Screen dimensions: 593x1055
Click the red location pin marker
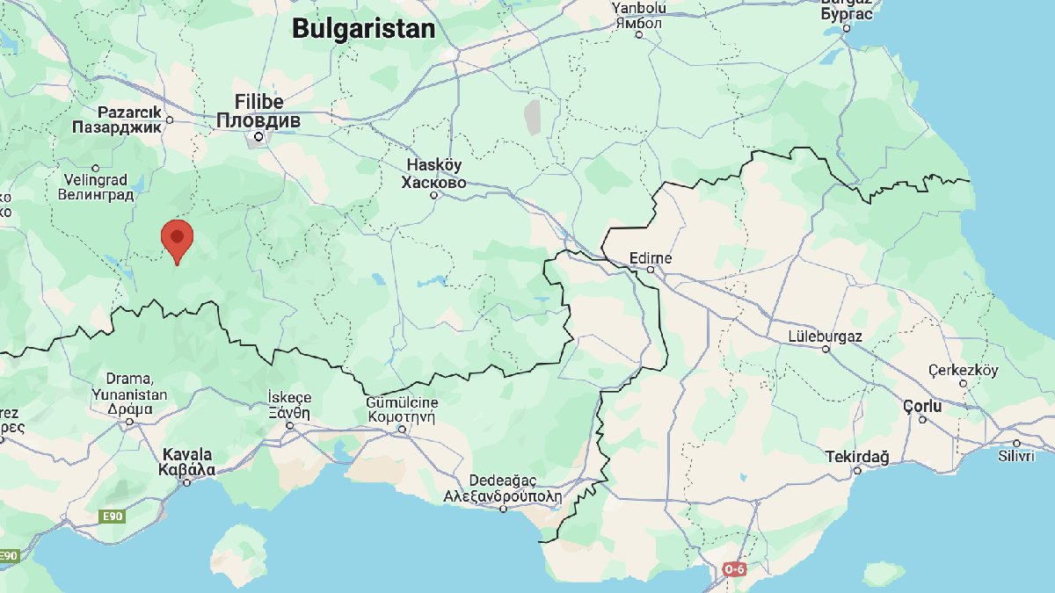point(178,238)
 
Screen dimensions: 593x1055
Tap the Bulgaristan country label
point(363,29)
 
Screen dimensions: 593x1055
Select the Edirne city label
point(651,258)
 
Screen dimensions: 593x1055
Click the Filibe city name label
point(258,101)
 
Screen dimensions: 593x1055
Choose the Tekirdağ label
point(857,457)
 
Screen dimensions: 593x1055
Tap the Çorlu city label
point(922,407)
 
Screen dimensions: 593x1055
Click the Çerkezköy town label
point(964,371)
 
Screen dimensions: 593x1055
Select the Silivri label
point(1017,456)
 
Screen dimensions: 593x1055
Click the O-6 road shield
point(736,569)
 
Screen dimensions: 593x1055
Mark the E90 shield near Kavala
point(112,517)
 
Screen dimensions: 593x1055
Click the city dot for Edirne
point(651,270)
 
